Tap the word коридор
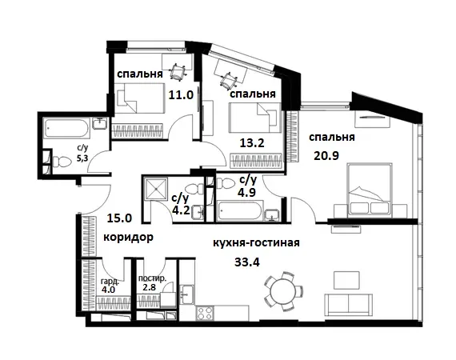[x=128, y=238]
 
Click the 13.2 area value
[x=253, y=144]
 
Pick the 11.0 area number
[x=180, y=94]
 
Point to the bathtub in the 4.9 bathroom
[x=241, y=212]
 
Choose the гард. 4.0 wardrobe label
[x=110, y=285]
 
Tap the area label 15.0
[x=120, y=218]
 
